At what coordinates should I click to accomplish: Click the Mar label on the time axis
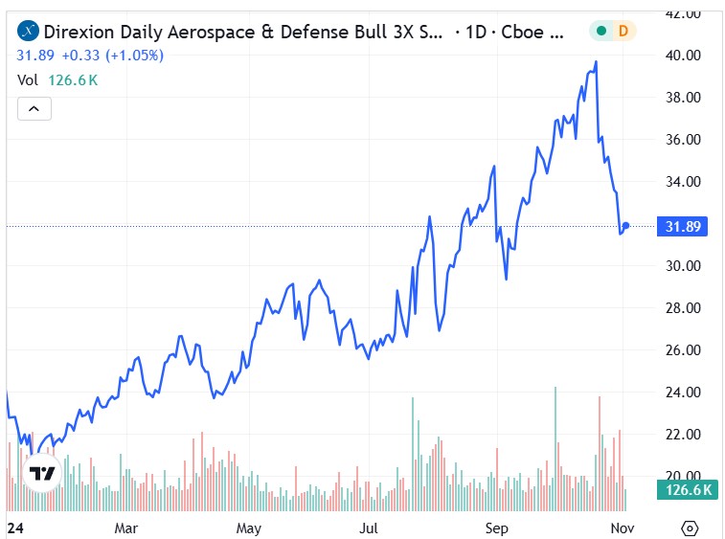(126, 528)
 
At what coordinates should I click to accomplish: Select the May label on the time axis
(249, 528)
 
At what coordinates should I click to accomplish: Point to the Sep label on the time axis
(496, 528)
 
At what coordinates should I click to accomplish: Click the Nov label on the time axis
(622, 528)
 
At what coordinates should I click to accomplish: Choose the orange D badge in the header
(623, 32)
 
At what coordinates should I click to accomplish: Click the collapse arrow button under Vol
(34, 108)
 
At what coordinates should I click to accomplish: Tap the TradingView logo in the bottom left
(41, 474)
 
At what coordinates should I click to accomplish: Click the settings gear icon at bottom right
(690, 528)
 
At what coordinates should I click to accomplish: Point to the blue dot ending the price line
(626, 226)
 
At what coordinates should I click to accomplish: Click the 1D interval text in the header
(475, 32)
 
